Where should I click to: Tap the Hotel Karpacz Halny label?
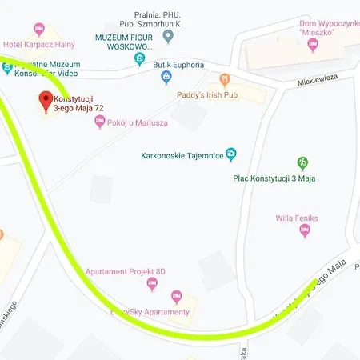(39, 44)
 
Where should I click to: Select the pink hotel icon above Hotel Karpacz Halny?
(39, 30)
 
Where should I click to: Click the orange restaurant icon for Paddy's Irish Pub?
(225, 79)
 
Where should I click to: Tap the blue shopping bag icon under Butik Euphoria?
(166, 78)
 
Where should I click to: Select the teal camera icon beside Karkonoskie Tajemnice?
(231, 154)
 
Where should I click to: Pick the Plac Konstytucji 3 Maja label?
(274, 178)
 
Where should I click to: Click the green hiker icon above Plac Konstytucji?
(302, 163)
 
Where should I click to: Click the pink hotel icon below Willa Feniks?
(304, 230)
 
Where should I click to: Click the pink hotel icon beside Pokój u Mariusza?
(99, 121)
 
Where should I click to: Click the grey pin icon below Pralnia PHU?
(167, 36)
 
